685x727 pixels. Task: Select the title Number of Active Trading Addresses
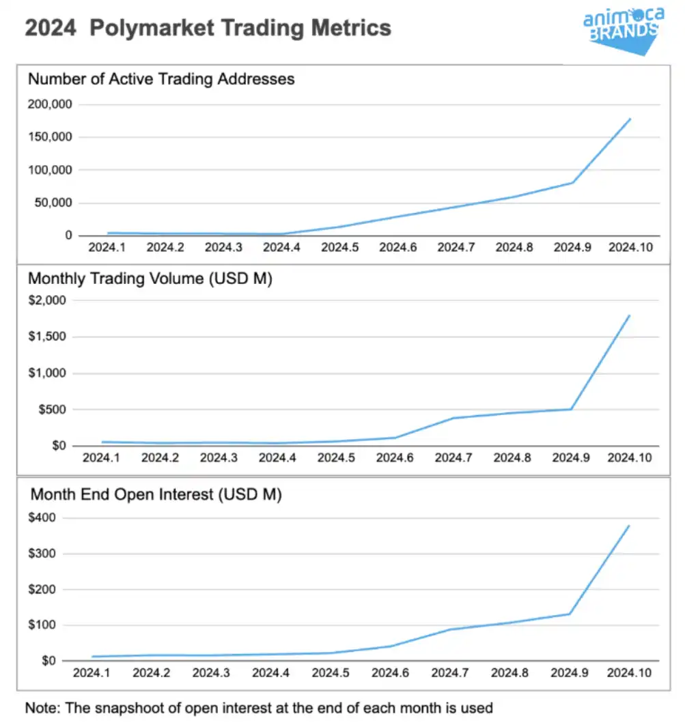(x=161, y=79)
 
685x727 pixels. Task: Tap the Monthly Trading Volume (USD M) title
(x=150, y=279)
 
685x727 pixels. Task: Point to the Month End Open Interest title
(x=156, y=494)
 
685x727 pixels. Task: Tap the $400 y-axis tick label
(x=44, y=518)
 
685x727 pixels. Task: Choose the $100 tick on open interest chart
(x=44, y=625)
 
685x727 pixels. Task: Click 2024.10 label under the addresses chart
(x=630, y=247)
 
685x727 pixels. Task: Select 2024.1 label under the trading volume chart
(x=101, y=457)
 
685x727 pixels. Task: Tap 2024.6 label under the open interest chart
(x=390, y=672)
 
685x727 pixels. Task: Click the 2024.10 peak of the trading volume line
(x=630, y=315)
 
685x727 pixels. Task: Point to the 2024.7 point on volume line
(x=453, y=418)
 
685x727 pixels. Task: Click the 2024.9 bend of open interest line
(x=569, y=614)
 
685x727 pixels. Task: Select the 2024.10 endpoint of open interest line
(x=629, y=526)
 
